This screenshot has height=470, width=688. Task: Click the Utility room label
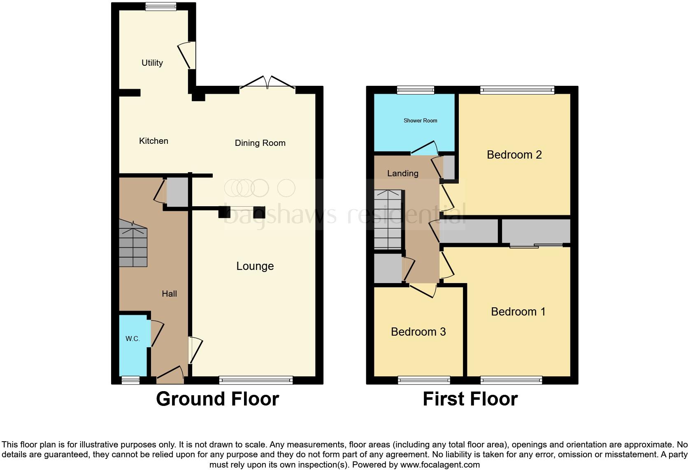[x=152, y=63]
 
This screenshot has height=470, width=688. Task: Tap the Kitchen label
[x=153, y=141]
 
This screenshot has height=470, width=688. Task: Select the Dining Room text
[x=260, y=143]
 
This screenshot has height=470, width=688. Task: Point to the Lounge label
[x=255, y=266]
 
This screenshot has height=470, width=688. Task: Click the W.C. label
[x=132, y=339]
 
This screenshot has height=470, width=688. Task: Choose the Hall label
[x=169, y=294]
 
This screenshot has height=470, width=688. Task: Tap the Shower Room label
[x=420, y=120]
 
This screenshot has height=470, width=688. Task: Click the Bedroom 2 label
[x=514, y=155]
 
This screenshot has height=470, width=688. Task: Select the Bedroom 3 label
[x=418, y=332]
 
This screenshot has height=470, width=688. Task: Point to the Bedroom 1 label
[x=518, y=311]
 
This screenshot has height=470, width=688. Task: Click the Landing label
[x=402, y=173]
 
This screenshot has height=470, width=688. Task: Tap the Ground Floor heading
[x=217, y=399]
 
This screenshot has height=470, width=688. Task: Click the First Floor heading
[x=470, y=399]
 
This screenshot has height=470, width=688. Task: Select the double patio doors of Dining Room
[x=267, y=83]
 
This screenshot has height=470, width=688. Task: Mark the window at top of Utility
[x=160, y=6]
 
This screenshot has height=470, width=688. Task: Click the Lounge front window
[x=256, y=380]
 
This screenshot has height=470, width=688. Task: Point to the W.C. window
[x=130, y=380]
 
